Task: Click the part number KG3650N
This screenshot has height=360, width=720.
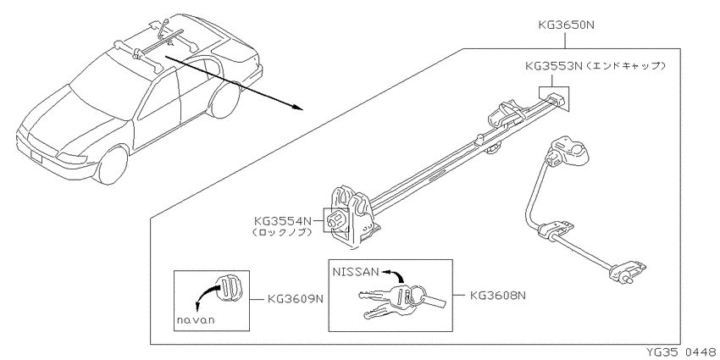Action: (566, 25)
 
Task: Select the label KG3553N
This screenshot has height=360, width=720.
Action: (554, 66)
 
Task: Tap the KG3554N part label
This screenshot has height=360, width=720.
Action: (283, 221)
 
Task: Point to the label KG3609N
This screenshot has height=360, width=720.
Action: (296, 299)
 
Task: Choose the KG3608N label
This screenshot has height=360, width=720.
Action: (498, 296)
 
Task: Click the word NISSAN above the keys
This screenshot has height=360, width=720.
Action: (355, 272)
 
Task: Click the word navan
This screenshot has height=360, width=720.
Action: (196, 320)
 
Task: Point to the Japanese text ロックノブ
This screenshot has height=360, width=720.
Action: (282, 233)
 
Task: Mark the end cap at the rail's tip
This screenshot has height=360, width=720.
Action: (554, 98)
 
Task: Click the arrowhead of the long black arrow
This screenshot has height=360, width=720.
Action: (297, 107)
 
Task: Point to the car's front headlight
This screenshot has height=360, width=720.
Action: (72, 158)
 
